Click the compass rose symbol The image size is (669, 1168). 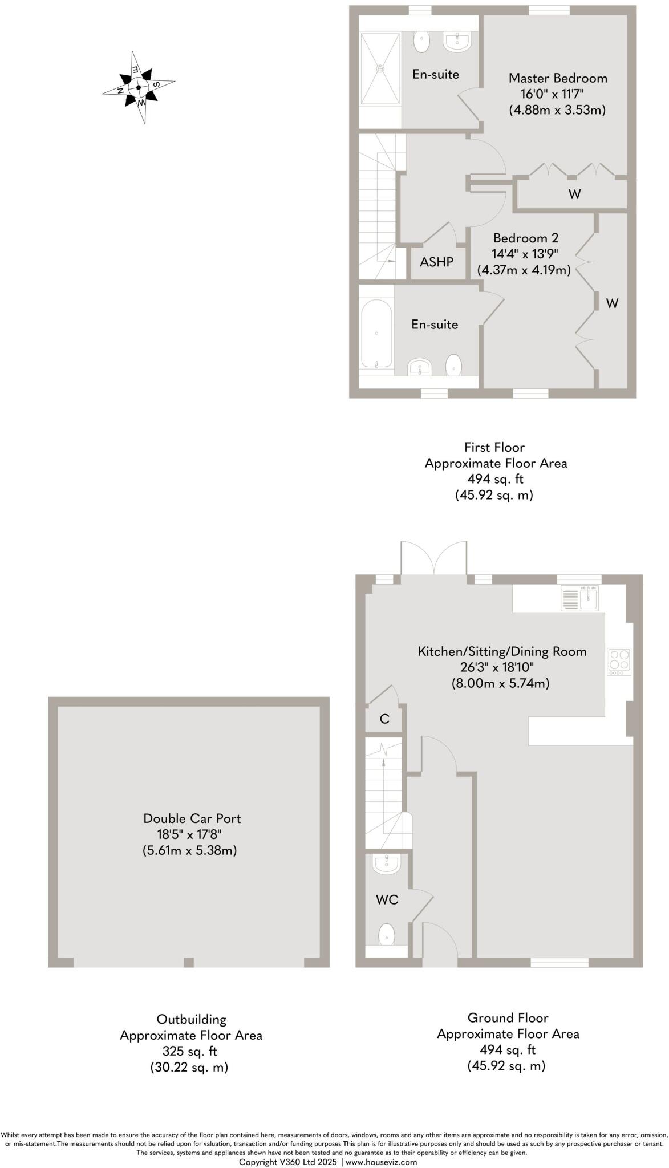coord(139,88)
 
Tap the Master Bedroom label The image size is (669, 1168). coord(557,78)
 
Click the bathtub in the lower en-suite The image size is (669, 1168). coord(376,334)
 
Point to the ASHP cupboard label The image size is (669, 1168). coord(436,262)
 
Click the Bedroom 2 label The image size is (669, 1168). coord(525,238)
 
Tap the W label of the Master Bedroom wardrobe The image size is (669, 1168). coord(574,194)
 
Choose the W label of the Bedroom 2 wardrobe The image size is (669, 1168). coord(611,303)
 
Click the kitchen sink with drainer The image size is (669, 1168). coord(579,598)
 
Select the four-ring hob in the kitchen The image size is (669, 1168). coord(619,662)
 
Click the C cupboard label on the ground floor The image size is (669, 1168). coord(384,719)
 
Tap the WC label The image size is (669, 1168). coord(387,900)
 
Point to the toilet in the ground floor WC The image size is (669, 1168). coord(387,934)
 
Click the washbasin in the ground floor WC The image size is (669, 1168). coord(386,863)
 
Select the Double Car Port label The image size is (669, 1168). coord(192,818)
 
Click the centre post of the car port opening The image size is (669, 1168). coord(189,963)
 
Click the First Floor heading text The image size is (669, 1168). coord(494,447)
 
